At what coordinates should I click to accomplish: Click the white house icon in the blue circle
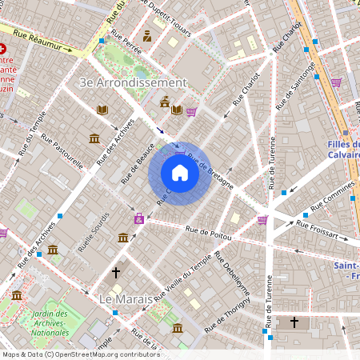[x=180, y=173]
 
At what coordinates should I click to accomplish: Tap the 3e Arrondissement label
[x=134, y=82]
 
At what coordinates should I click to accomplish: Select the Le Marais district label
[x=126, y=298]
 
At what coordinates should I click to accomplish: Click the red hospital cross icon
[x=3, y=48]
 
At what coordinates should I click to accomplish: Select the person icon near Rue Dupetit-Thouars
[x=147, y=36]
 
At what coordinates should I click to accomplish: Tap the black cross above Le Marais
[x=116, y=274]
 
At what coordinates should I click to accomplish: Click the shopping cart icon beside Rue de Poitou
[x=262, y=220]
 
